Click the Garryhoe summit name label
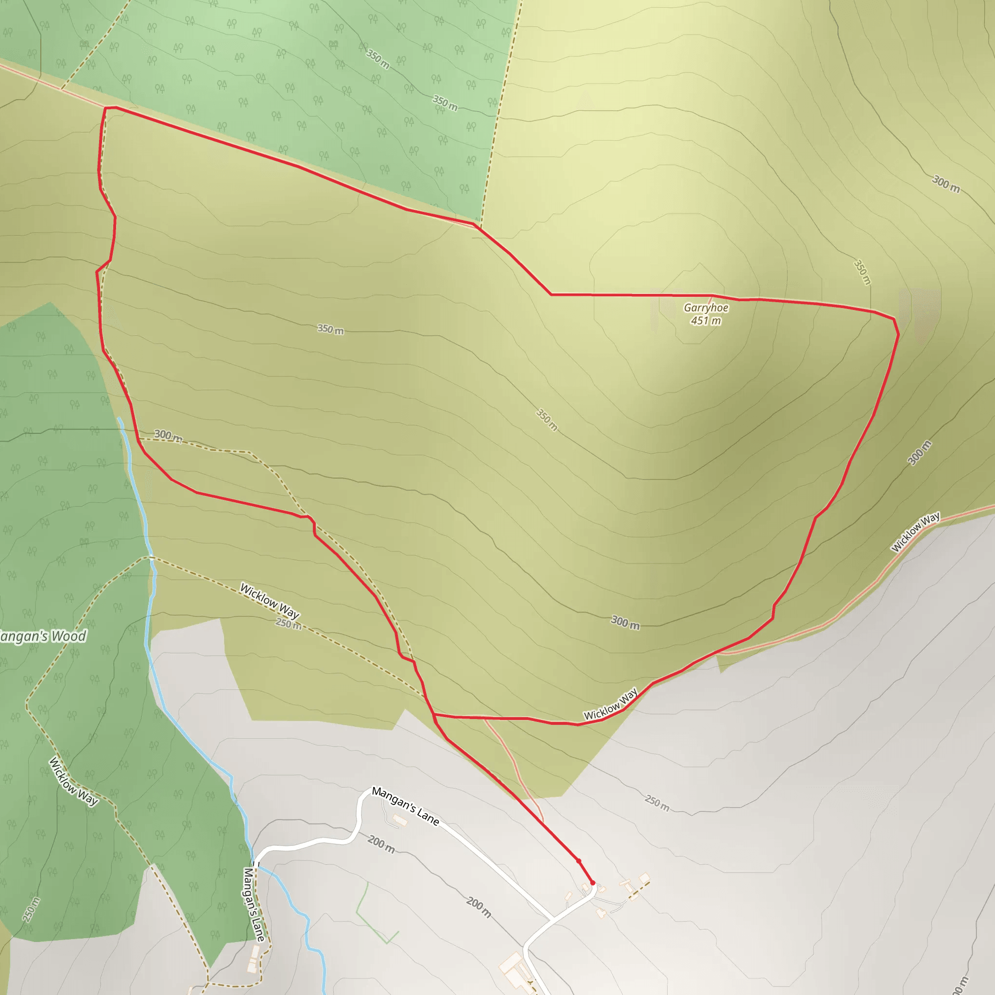[706, 308]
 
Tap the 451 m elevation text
[706, 321]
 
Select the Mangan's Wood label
[42, 636]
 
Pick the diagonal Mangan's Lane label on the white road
[406, 806]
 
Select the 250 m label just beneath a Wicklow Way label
[289, 624]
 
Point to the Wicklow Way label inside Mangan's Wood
[73, 781]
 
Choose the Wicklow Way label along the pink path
[915, 532]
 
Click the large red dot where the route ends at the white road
[593, 883]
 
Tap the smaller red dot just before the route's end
[578, 860]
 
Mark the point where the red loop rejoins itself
[434, 715]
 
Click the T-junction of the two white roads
[552, 918]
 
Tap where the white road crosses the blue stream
[254, 864]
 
